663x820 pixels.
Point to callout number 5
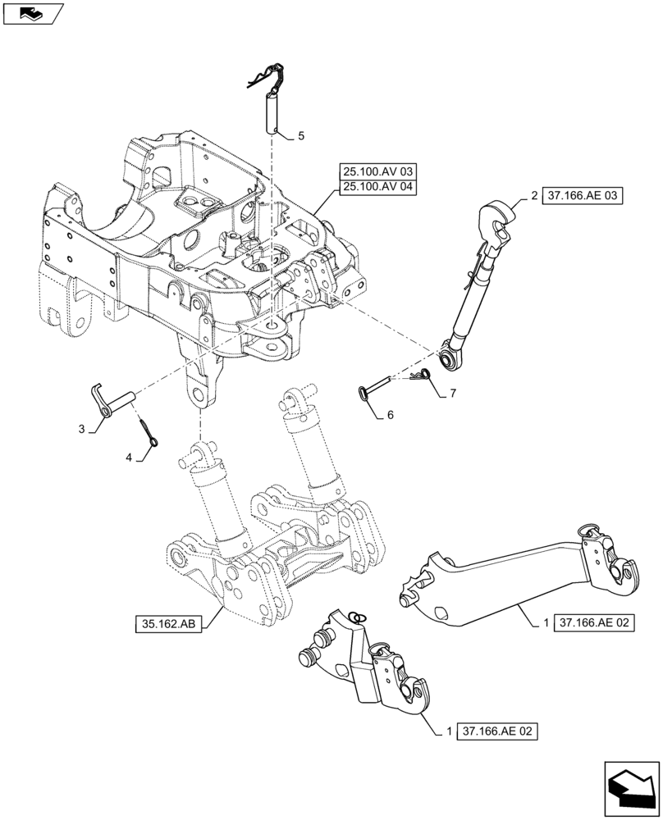click(300, 136)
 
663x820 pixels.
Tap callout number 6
click(390, 415)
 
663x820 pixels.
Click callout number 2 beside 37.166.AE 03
click(534, 197)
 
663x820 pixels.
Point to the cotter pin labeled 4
click(149, 433)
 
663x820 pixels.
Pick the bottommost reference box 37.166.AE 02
click(496, 730)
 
